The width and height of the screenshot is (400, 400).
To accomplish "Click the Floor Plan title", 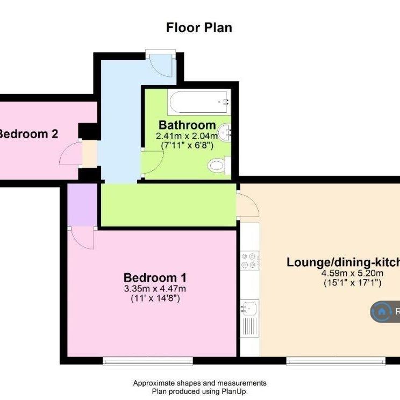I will (199, 27).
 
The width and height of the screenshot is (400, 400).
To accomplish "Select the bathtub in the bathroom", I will (199, 102).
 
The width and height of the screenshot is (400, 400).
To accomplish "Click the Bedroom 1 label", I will (155, 278).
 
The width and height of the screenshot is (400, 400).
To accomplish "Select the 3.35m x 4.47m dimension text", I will (155, 289).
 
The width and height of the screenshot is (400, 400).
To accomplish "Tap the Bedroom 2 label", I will (28, 134).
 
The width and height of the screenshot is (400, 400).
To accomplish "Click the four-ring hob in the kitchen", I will (249, 260).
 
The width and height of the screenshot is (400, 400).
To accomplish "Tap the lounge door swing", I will (247, 205).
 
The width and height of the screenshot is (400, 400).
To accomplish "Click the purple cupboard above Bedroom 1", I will (82, 204).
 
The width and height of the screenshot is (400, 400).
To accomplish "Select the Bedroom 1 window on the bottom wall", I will (147, 361).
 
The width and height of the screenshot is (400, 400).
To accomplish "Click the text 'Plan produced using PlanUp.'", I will (199, 392).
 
